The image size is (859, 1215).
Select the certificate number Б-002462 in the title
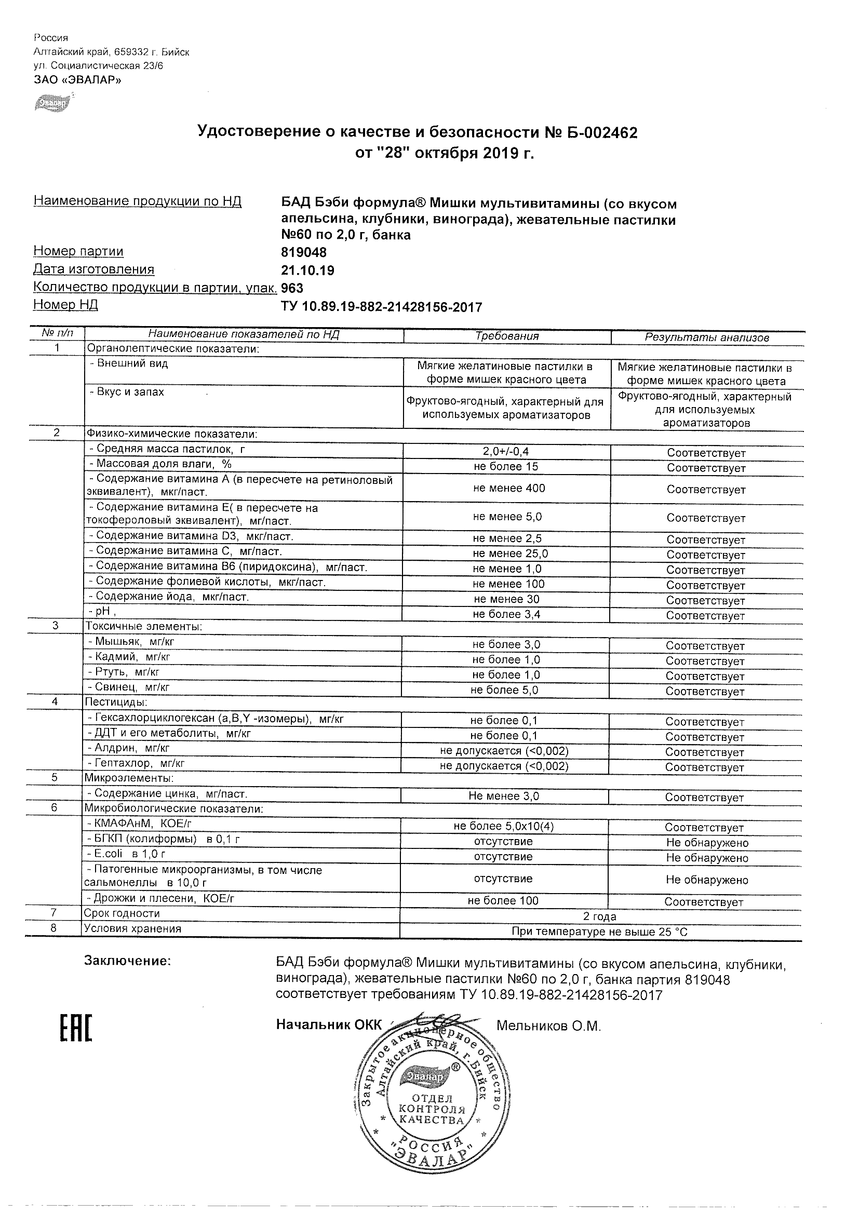597,132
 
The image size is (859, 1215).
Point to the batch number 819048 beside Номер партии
304,252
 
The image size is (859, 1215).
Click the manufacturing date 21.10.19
307,271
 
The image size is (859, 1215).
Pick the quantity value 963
292,288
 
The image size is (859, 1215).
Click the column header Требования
506,336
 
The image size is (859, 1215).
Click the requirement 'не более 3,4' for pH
506,614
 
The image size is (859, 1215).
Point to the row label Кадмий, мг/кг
130,657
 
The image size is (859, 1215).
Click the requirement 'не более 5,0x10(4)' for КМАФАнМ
504,827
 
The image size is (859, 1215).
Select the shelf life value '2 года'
600,916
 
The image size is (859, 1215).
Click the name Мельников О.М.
549,1026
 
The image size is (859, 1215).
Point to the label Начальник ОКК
329,1025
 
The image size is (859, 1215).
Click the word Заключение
128,961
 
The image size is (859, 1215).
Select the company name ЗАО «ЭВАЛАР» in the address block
77,80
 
